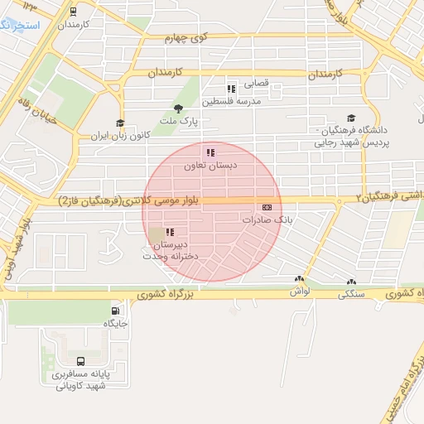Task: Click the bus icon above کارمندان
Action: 74,12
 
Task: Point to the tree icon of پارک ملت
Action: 177,108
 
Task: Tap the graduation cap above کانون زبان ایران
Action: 121,123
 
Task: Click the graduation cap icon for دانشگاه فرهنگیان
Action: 351,118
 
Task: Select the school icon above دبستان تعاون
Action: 210,152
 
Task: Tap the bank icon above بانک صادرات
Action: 267,207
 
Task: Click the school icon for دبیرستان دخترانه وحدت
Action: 170,233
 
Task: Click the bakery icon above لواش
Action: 299,279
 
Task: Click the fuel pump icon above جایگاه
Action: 113,311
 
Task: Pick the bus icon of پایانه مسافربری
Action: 80,361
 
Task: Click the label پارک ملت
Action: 173,121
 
